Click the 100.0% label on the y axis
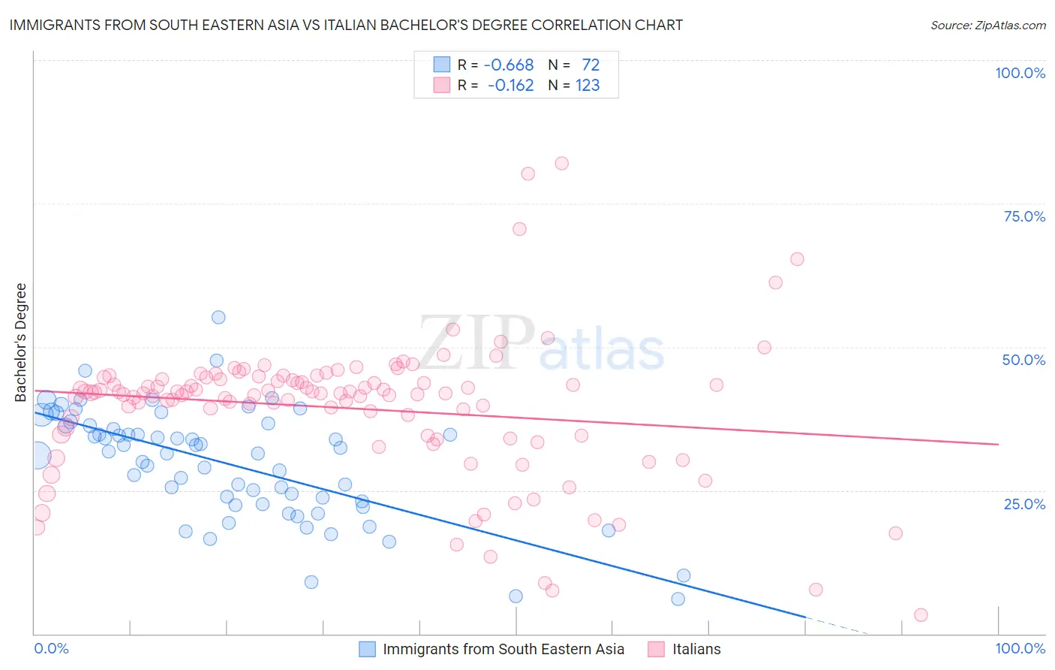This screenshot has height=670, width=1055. (1020, 73)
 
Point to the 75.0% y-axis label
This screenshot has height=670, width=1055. (1024, 216)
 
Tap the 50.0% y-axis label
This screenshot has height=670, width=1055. (1023, 360)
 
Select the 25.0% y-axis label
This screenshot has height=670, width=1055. (1024, 503)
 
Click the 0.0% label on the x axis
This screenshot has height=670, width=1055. (52, 648)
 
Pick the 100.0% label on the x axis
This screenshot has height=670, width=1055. (1020, 648)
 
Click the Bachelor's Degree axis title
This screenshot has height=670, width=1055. (21, 342)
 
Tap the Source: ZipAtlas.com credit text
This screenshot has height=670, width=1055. (987, 25)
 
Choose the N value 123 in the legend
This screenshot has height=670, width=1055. (588, 85)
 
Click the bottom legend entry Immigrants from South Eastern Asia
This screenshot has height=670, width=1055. (503, 649)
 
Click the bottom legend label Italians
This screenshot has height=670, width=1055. (696, 649)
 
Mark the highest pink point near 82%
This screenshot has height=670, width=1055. (561, 163)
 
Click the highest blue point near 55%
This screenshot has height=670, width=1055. (218, 317)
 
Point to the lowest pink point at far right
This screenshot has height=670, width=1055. (921, 615)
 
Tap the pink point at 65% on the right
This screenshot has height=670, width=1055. (797, 259)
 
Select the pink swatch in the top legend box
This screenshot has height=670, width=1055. (442, 85)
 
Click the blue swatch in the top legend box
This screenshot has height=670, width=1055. (442, 65)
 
